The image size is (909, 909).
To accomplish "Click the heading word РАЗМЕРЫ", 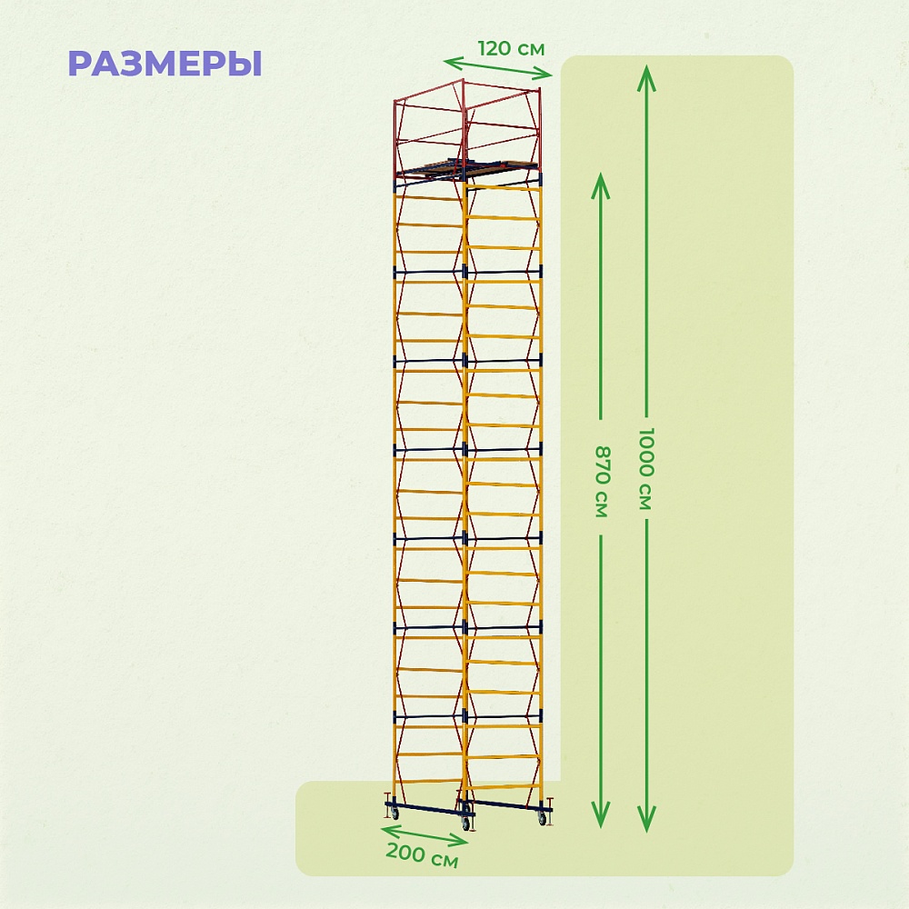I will [165, 64].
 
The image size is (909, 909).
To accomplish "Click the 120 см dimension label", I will [511, 48].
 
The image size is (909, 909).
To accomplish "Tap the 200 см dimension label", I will [421, 855].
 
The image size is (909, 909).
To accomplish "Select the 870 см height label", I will [600, 481].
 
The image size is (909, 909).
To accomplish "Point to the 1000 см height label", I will [644, 467].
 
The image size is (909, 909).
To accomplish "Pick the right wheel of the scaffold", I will [543, 818].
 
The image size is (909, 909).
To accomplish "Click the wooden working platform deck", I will [464, 167].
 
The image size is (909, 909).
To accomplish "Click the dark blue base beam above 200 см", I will [427, 808].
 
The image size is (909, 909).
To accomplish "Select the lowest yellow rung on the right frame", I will [503, 786].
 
